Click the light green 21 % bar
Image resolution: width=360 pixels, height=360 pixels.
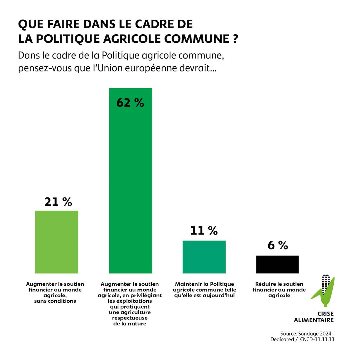click(x=57, y=242)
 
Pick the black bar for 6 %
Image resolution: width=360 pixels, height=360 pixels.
click(x=277, y=264)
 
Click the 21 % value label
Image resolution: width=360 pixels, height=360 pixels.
click(x=58, y=202)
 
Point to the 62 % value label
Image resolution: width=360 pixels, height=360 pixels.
click(x=130, y=103)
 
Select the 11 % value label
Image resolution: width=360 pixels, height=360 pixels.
click(x=204, y=231)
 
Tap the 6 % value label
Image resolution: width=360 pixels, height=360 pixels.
click(x=278, y=245)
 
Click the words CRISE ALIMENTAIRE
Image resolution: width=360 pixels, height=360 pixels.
click(x=314, y=317)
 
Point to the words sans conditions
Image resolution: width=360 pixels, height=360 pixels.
click(x=55, y=301)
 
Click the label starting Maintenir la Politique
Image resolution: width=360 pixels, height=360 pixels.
click(x=204, y=290)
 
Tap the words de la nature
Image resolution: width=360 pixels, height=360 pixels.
click(x=130, y=324)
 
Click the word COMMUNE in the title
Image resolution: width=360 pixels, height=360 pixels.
click(x=197, y=39)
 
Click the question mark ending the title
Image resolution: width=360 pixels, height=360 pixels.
click(x=236, y=39)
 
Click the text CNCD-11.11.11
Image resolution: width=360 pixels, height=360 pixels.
click(x=317, y=339)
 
